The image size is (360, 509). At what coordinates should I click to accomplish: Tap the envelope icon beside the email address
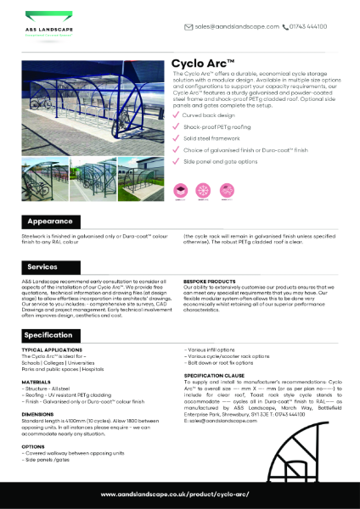pyautogui.click(x=190, y=26)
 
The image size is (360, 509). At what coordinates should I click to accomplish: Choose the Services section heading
pyautogui.click(x=42, y=266)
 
